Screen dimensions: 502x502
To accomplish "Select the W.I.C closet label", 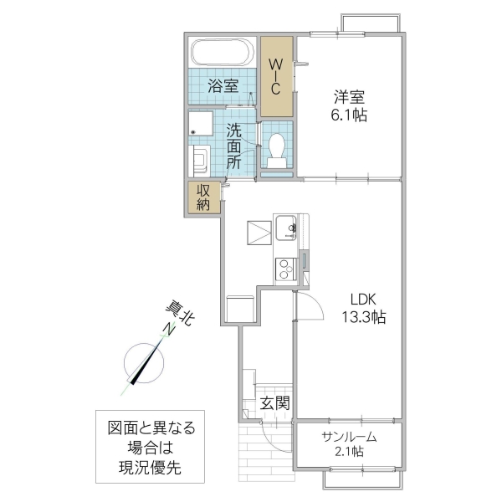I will point(277,77).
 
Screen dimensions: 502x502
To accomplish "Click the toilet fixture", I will point(277,148).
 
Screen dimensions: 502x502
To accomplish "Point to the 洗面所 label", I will point(235,146).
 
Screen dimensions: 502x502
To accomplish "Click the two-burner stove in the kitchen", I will point(285,269).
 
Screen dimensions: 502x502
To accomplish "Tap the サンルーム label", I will point(348,437).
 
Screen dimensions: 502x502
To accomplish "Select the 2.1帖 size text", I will point(348,453).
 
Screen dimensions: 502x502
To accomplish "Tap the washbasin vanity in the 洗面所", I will point(201,160).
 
